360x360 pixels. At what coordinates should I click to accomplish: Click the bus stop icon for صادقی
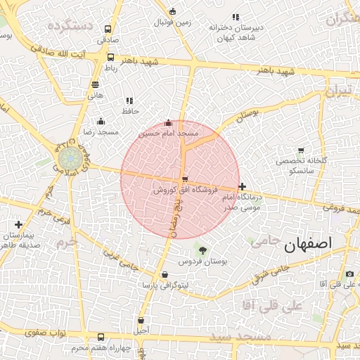[108, 30]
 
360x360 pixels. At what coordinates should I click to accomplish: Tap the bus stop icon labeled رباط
[110, 57]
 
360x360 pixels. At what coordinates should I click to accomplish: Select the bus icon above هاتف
[95, 84]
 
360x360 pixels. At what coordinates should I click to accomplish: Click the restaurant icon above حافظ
[129, 101]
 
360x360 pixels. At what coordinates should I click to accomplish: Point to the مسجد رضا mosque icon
[101, 122]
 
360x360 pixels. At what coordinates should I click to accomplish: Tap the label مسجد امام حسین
[168, 133]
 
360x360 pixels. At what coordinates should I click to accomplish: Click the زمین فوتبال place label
[172, 22]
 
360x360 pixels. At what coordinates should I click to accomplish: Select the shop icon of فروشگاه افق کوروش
[184, 179]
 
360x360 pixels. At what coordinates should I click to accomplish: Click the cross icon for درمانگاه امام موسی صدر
[243, 187]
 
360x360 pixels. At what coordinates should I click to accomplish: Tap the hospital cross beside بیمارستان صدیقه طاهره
[18, 224]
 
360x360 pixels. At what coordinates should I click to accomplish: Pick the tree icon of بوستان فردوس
[202, 250]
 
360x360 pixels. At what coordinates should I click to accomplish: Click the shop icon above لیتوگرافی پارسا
[165, 275]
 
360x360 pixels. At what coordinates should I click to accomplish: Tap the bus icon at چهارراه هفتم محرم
[101, 337]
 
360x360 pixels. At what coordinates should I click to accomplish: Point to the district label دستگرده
[70, 25]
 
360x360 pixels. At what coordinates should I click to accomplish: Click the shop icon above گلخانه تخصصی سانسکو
[301, 150]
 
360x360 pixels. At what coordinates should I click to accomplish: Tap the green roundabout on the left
[68, 157]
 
